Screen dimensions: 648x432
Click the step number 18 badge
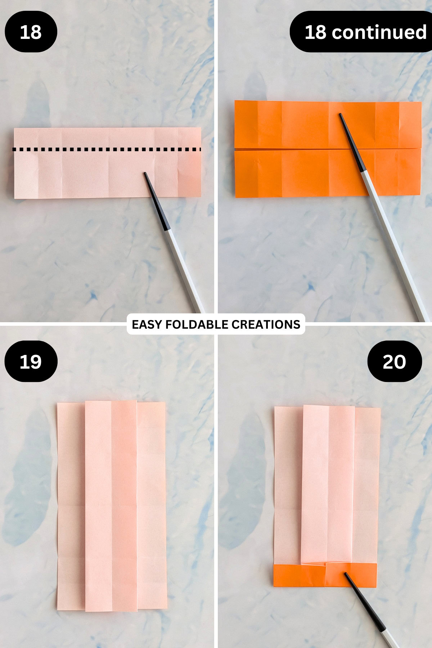(31, 32)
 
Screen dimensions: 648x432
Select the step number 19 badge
(31, 361)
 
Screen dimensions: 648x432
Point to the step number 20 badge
(394, 361)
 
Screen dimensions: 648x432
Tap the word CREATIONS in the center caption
(266, 324)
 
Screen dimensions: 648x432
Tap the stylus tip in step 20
(346, 574)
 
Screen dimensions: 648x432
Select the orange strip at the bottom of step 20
(299, 575)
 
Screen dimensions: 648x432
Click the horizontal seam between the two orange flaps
(288, 148)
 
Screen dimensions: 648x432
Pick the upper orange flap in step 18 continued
(288, 124)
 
